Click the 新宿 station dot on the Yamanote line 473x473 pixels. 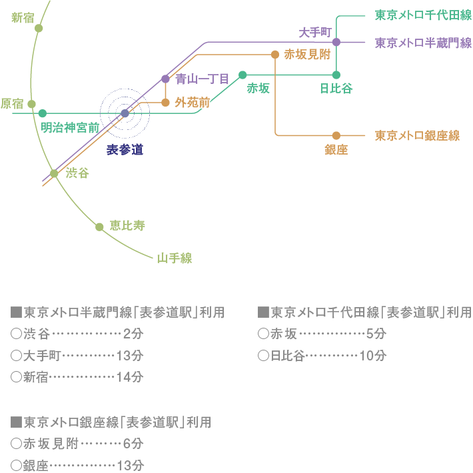39,28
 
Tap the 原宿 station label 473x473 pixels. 12,103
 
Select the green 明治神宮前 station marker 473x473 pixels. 43,113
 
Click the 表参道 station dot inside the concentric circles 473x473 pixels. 125,113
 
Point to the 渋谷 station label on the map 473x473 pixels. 77,173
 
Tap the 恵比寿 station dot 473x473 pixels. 99,227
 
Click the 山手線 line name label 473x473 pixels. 175,258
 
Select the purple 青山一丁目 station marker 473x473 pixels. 165,79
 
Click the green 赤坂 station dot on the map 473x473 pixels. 242,75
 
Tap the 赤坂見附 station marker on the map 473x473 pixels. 274,55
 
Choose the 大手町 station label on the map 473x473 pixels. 314,31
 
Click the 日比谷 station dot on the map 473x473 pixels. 336,75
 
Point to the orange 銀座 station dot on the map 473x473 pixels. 336,135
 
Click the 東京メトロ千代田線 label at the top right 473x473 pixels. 423,15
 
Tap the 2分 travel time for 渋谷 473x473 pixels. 133,334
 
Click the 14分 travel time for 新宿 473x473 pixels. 129,376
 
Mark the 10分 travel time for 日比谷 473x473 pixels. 372,355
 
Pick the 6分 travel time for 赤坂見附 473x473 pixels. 133,444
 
